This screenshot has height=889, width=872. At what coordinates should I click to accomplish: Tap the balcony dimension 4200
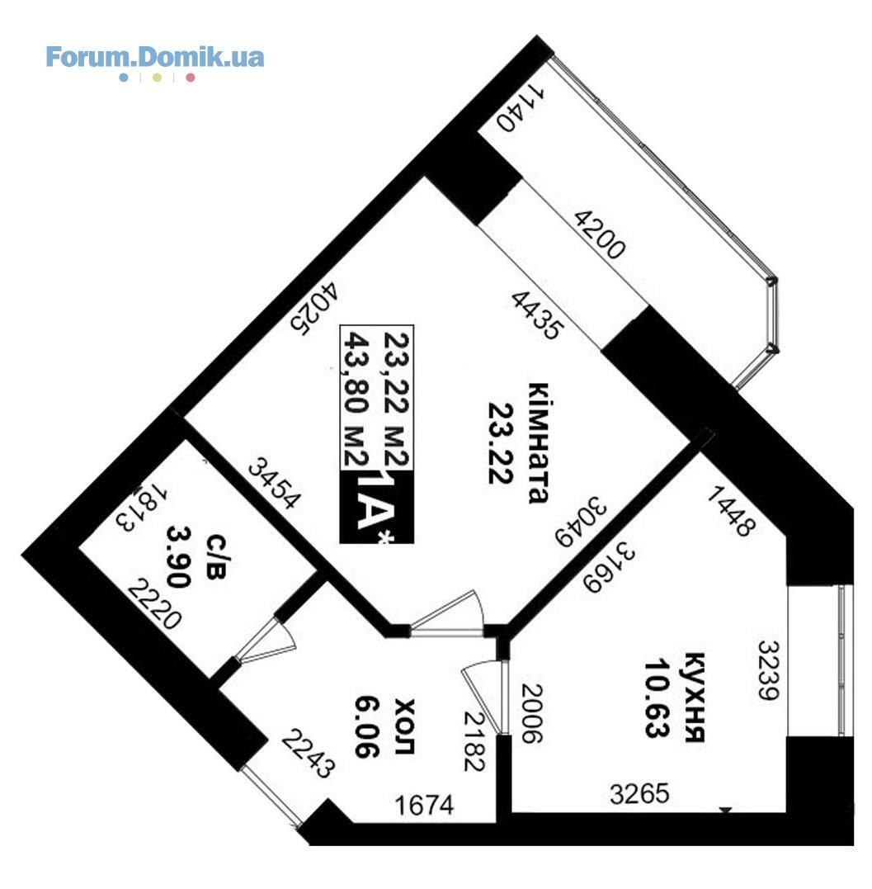[x=600, y=234]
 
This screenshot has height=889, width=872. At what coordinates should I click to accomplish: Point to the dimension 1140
[x=521, y=108]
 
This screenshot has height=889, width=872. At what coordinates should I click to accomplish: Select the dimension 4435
[x=537, y=315]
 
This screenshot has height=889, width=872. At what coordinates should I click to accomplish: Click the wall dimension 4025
[x=315, y=309]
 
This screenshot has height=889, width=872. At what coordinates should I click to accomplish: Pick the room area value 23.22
[x=500, y=443]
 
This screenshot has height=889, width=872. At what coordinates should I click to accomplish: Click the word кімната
[x=538, y=443]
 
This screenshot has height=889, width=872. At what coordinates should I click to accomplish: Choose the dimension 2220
[x=154, y=604]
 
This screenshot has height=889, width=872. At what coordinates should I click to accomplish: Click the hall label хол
[x=404, y=727]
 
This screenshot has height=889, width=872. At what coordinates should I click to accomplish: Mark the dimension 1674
[x=424, y=806]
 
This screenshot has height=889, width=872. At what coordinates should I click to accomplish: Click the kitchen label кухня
[x=695, y=697]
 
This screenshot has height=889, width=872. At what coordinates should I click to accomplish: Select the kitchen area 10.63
[x=657, y=697]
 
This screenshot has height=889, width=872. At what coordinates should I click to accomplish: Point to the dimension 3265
[x=639, y=794]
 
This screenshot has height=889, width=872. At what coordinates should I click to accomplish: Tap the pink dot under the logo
[x=191, y=78]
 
